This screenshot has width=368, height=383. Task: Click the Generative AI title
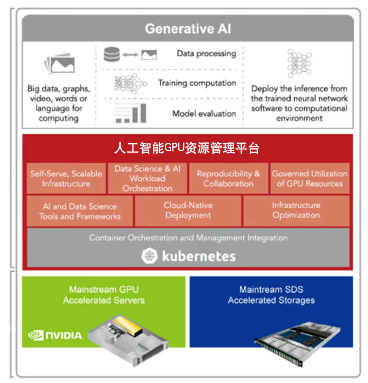188,29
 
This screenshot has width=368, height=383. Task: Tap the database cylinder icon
111,54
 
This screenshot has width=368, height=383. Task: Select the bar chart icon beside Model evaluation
131,113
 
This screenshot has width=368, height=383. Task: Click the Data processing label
206,53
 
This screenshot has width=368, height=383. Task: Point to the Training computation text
197,83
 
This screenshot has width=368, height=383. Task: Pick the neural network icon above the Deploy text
299,63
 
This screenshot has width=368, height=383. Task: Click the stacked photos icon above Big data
59,63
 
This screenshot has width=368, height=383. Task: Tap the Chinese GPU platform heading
187,148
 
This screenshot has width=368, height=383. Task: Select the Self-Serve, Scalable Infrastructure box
66,178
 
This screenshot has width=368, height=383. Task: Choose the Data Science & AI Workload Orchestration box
148,178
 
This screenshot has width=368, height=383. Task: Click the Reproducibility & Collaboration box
228,178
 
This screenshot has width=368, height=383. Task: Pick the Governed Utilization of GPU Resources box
310,178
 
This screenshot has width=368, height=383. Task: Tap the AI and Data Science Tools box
80,211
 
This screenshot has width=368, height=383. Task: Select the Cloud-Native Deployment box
188,211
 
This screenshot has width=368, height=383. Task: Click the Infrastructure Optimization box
297,211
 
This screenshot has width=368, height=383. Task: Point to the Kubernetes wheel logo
149,256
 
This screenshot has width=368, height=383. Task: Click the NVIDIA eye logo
36,335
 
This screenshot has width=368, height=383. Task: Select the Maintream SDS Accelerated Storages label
271,295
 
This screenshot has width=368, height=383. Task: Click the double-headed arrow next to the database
130,55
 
